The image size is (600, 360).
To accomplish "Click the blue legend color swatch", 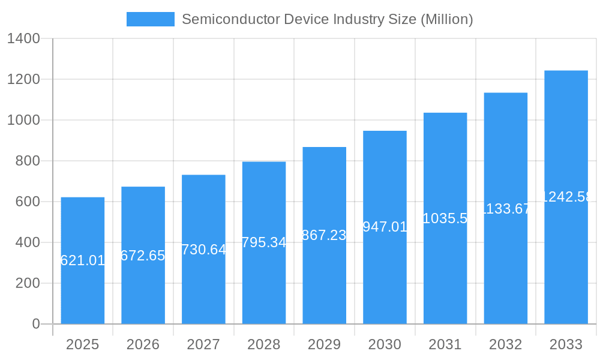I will point(150,19).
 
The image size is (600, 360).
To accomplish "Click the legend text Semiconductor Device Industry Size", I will point(327,19).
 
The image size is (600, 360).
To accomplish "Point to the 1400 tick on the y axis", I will point(23,39).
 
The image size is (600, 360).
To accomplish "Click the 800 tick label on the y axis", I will point(27,161).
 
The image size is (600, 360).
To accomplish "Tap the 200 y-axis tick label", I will point(27,283).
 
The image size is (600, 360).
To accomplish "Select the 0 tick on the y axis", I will point(35,324).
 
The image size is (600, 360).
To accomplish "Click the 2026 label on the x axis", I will point(143,344).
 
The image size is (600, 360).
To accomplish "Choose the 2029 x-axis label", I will point(325,344).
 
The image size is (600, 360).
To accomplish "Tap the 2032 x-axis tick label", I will point(506,344).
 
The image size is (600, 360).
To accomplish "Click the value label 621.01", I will point(83,260).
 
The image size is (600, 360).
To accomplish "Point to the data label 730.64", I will point(203,250).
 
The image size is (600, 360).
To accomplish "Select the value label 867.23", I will point(324,235).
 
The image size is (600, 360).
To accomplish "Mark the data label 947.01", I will point(385,227).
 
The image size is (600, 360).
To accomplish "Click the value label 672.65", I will point(143,256).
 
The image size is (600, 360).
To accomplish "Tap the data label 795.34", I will point(264,242).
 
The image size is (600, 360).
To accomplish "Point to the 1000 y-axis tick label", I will point(23,120).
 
